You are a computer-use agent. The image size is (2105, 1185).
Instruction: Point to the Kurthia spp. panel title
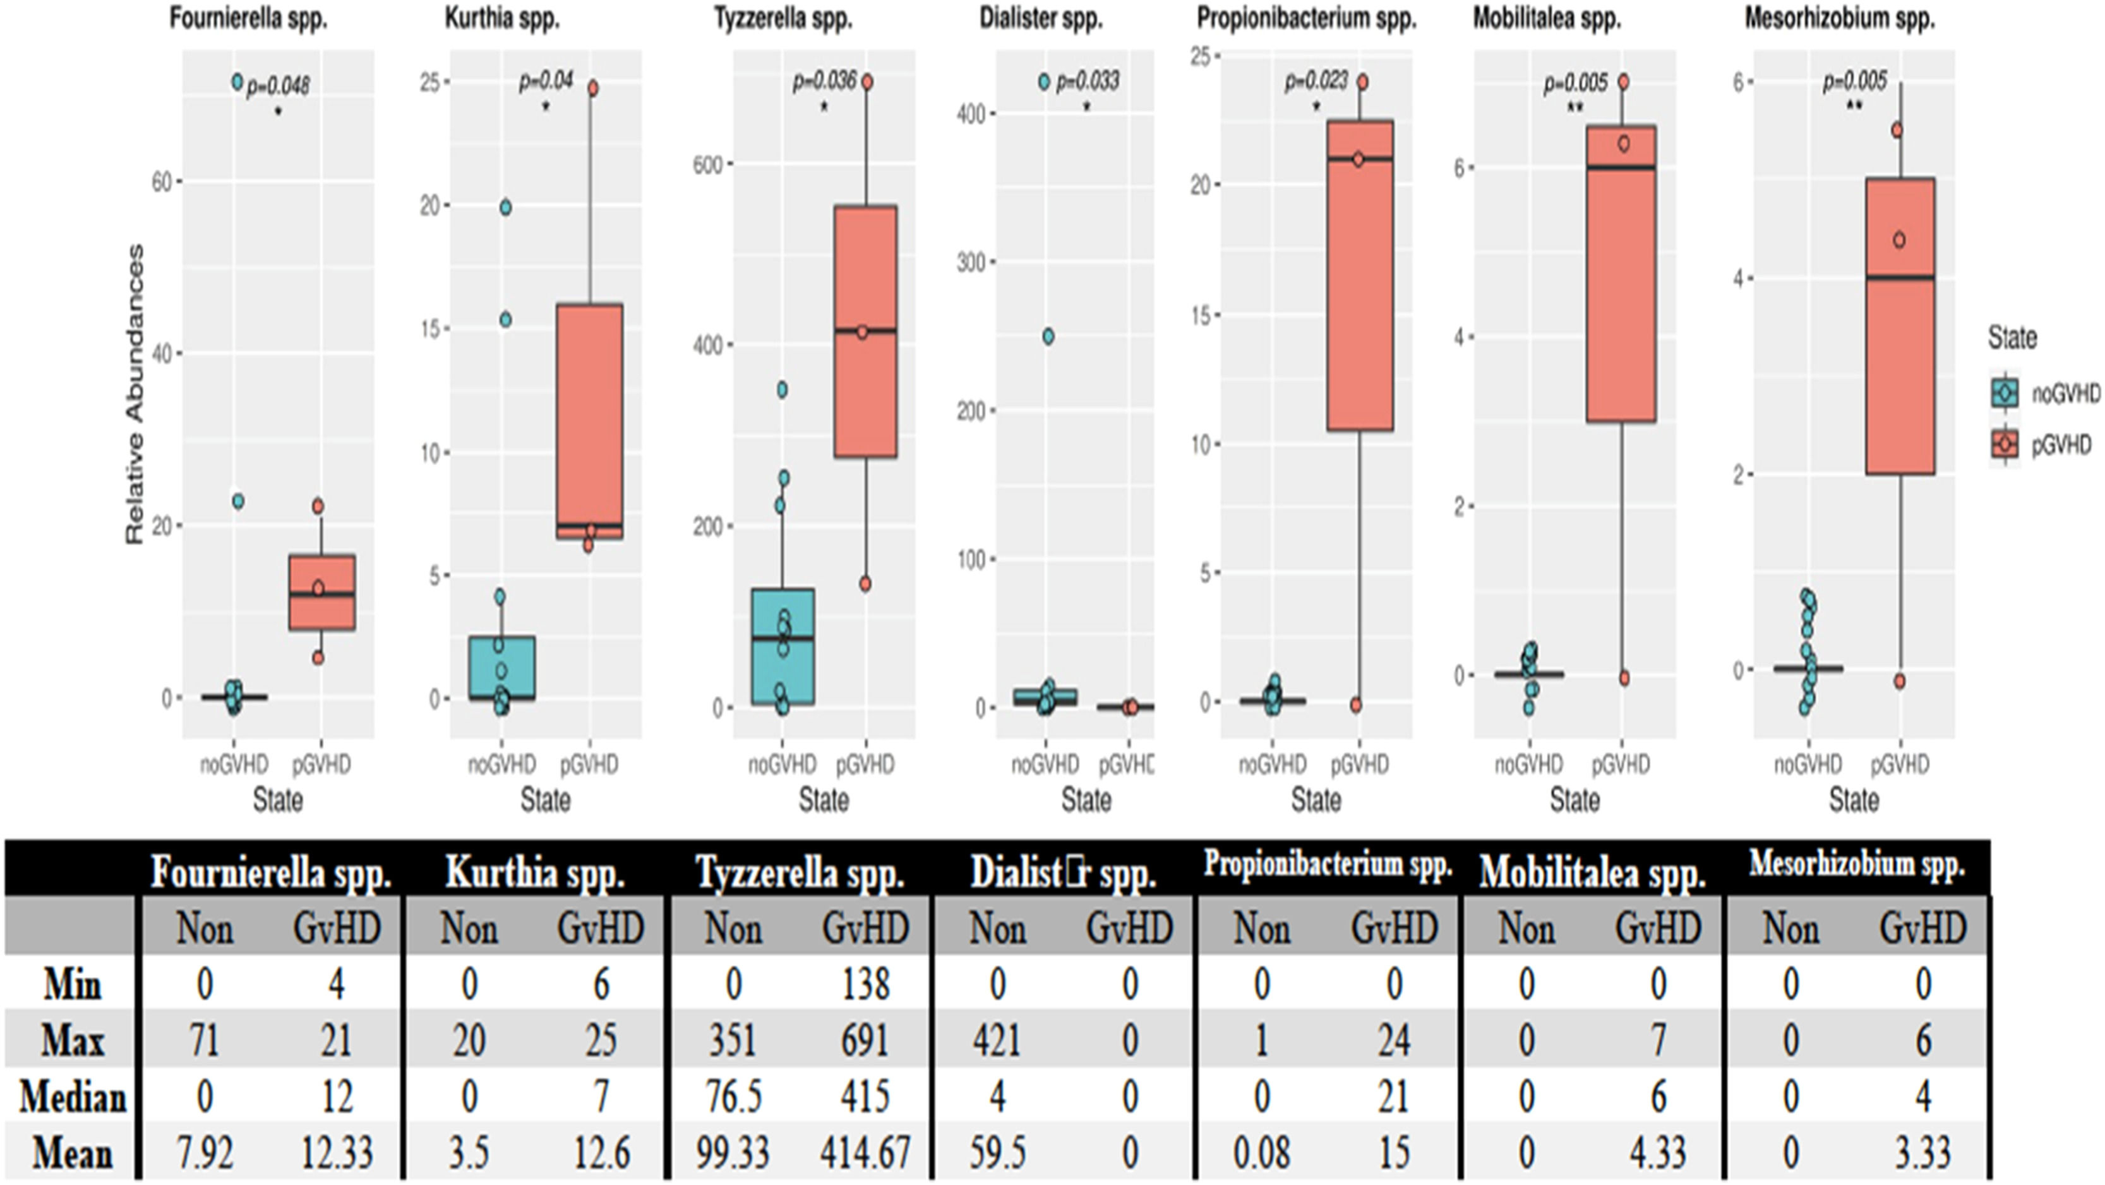(x=501, y=19)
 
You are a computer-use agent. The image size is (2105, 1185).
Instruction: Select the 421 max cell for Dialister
(x=997, y=1041)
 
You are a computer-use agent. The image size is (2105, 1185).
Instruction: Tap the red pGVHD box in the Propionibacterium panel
(x=1360, y=275)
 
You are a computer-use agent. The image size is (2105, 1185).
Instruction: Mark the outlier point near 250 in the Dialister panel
(x=1048, y=337)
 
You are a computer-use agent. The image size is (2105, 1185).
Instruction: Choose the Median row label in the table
(x=72, y=1097)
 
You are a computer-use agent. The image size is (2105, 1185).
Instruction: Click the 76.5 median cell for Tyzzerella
(x=733, y=1097)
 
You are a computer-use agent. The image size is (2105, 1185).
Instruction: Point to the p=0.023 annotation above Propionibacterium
(x=1316, y=81)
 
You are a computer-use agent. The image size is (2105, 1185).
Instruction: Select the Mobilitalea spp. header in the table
(x=1593, y=873)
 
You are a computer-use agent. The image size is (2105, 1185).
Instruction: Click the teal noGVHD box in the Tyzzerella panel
(x=782, y=646)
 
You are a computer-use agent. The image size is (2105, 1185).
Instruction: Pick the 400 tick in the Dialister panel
(x=970, y=113)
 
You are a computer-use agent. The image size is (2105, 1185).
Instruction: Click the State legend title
(x=2012, y=337)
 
